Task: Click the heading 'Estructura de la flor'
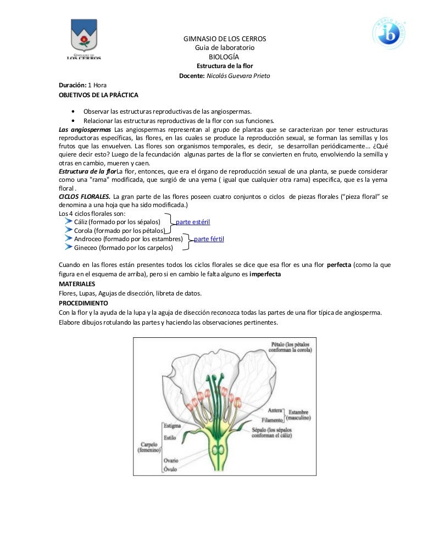tap(225, 66)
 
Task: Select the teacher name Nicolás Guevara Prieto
tap(238, 75)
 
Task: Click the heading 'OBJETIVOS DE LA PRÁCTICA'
tap(98, 94)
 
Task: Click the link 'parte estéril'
tap(192, 222)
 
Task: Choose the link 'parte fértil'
tap(209, 239)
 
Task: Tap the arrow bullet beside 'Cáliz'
tap(68, 221)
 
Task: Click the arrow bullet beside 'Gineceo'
tap(68, 248)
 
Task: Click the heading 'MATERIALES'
tap(77, 283)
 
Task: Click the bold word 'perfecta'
tap(342, 264)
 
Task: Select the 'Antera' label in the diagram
tap(275, 410)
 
